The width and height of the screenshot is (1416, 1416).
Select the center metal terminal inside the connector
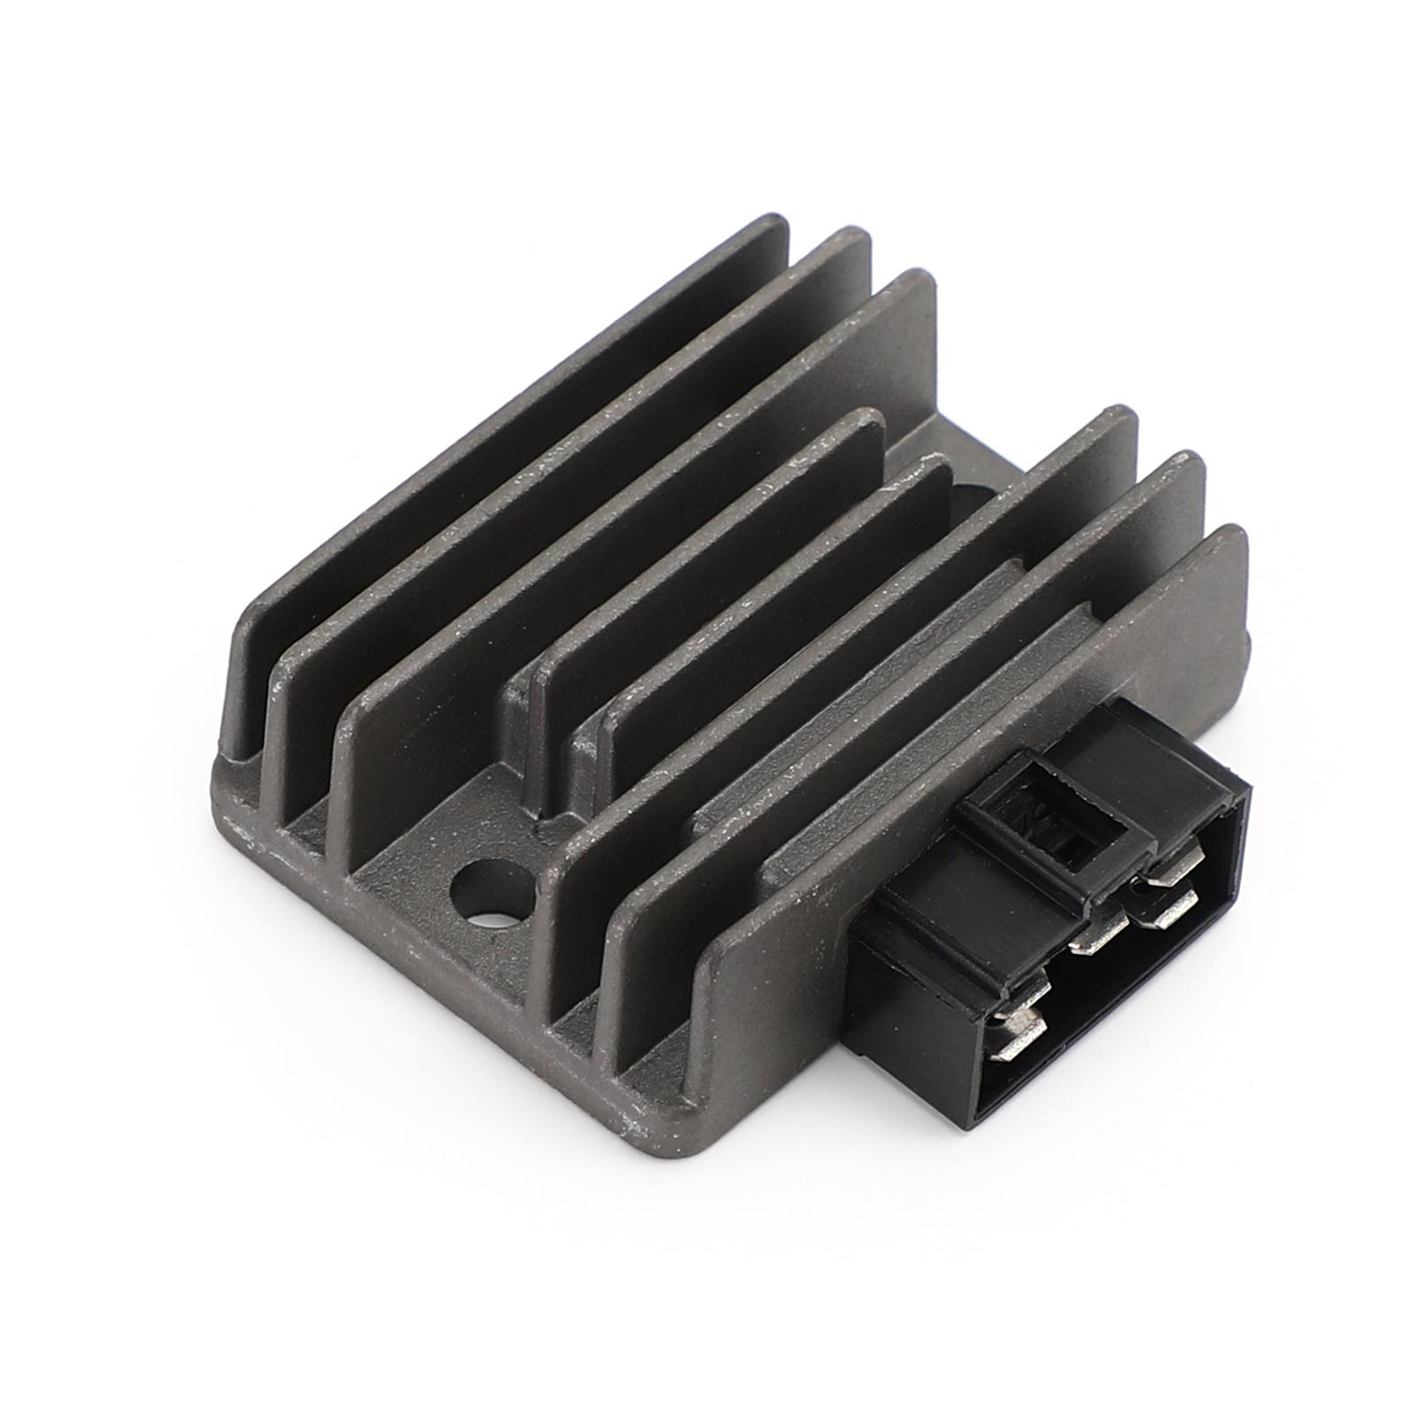(1097, 941)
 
